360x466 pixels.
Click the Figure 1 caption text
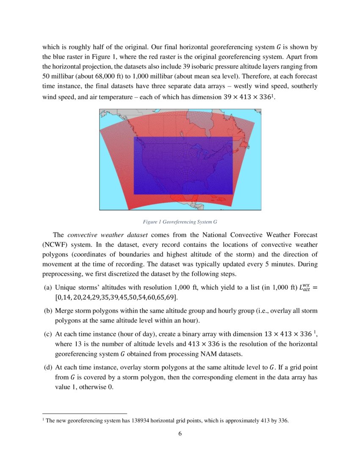pos(180,222)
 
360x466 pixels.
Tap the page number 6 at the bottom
pos(180,433)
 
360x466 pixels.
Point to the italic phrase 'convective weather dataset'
pos(108,235)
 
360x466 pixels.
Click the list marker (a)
pos(48,287)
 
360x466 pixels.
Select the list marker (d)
pos(48,367)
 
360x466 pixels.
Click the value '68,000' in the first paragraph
pos(97,77)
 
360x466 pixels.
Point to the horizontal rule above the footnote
pos(85,413)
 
